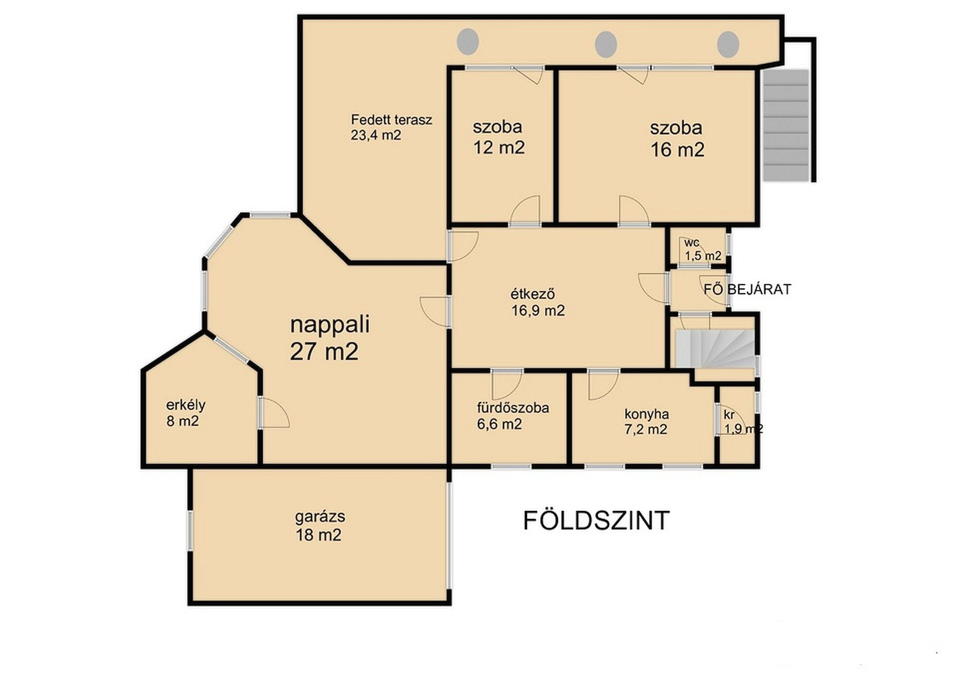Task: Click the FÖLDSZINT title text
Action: point(596,520)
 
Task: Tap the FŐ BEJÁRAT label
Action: point(747,289)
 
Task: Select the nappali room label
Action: point(329,325)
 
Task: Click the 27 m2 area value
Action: point(324,351)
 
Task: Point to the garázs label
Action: point(319,517)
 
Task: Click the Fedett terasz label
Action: point(391,120)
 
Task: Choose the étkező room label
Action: point(533,294)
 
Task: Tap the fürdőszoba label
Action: point(513,408)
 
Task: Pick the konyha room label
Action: point(646,414)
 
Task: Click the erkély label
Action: point(185,405)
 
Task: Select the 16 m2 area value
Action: point(677,150)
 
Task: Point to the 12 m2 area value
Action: point(498,148)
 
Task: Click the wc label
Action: point(691,243)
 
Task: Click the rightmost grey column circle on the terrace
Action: point(728,44)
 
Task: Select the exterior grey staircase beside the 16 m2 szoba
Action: point(786,125)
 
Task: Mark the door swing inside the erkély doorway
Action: point(275,413)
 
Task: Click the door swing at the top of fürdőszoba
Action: point(506,385)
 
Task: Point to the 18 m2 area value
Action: point(319,535)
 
